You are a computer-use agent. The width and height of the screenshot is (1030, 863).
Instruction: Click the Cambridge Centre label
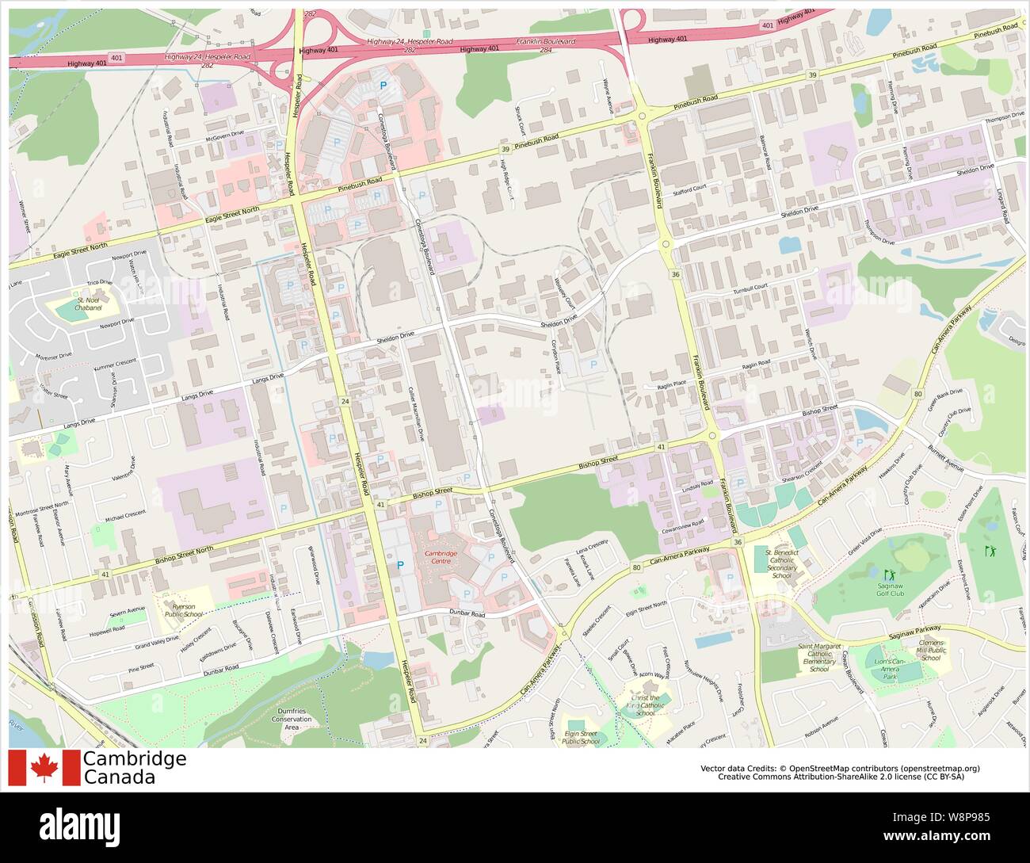[442, 558]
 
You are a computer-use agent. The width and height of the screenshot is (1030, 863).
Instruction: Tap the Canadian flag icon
[44, 768]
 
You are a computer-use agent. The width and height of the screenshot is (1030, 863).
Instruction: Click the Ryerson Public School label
[178, 610]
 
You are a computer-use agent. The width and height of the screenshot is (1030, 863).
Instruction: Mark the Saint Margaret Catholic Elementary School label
[819, 658]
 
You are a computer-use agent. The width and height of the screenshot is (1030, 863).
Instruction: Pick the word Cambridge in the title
[135, 758]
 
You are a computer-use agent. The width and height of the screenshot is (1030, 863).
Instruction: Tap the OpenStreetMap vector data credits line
[840, 768]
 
